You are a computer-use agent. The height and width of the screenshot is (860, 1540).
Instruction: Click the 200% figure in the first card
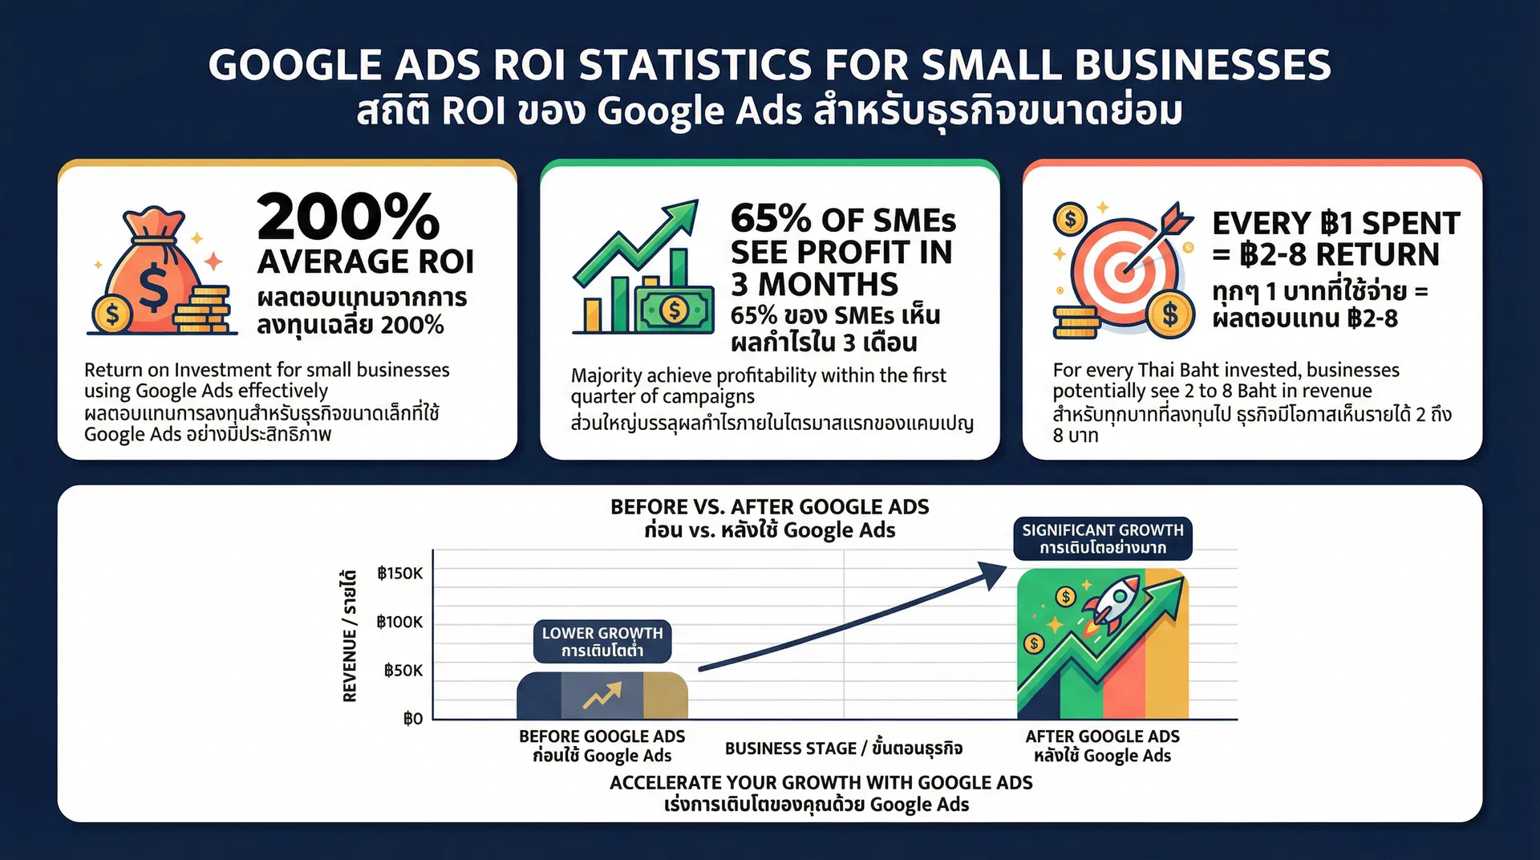point(348,217)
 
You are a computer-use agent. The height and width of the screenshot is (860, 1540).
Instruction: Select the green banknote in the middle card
point(675,310)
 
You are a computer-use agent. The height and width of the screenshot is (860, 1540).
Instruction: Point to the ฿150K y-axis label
point(399,574)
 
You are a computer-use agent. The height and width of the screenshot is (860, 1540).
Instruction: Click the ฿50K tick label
point(403,671)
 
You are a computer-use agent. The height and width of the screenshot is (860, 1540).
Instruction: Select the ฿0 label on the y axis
point(412,719)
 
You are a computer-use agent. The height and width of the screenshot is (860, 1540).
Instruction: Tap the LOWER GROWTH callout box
point(602,642)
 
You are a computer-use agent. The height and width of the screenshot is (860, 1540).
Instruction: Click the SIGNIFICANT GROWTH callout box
point(1102,538)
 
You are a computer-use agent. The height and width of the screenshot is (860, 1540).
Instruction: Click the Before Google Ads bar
point(602,696)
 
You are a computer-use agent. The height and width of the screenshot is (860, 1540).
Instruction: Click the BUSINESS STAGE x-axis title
point(843,748)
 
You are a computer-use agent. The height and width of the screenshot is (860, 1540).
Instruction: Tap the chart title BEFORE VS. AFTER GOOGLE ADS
point(769,507)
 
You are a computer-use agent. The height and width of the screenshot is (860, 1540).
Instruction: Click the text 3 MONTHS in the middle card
point(814,285)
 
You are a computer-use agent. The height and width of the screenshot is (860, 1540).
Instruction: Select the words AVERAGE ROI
point(366,262)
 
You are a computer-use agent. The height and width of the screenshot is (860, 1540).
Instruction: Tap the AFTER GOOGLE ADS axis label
point(1102,736)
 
